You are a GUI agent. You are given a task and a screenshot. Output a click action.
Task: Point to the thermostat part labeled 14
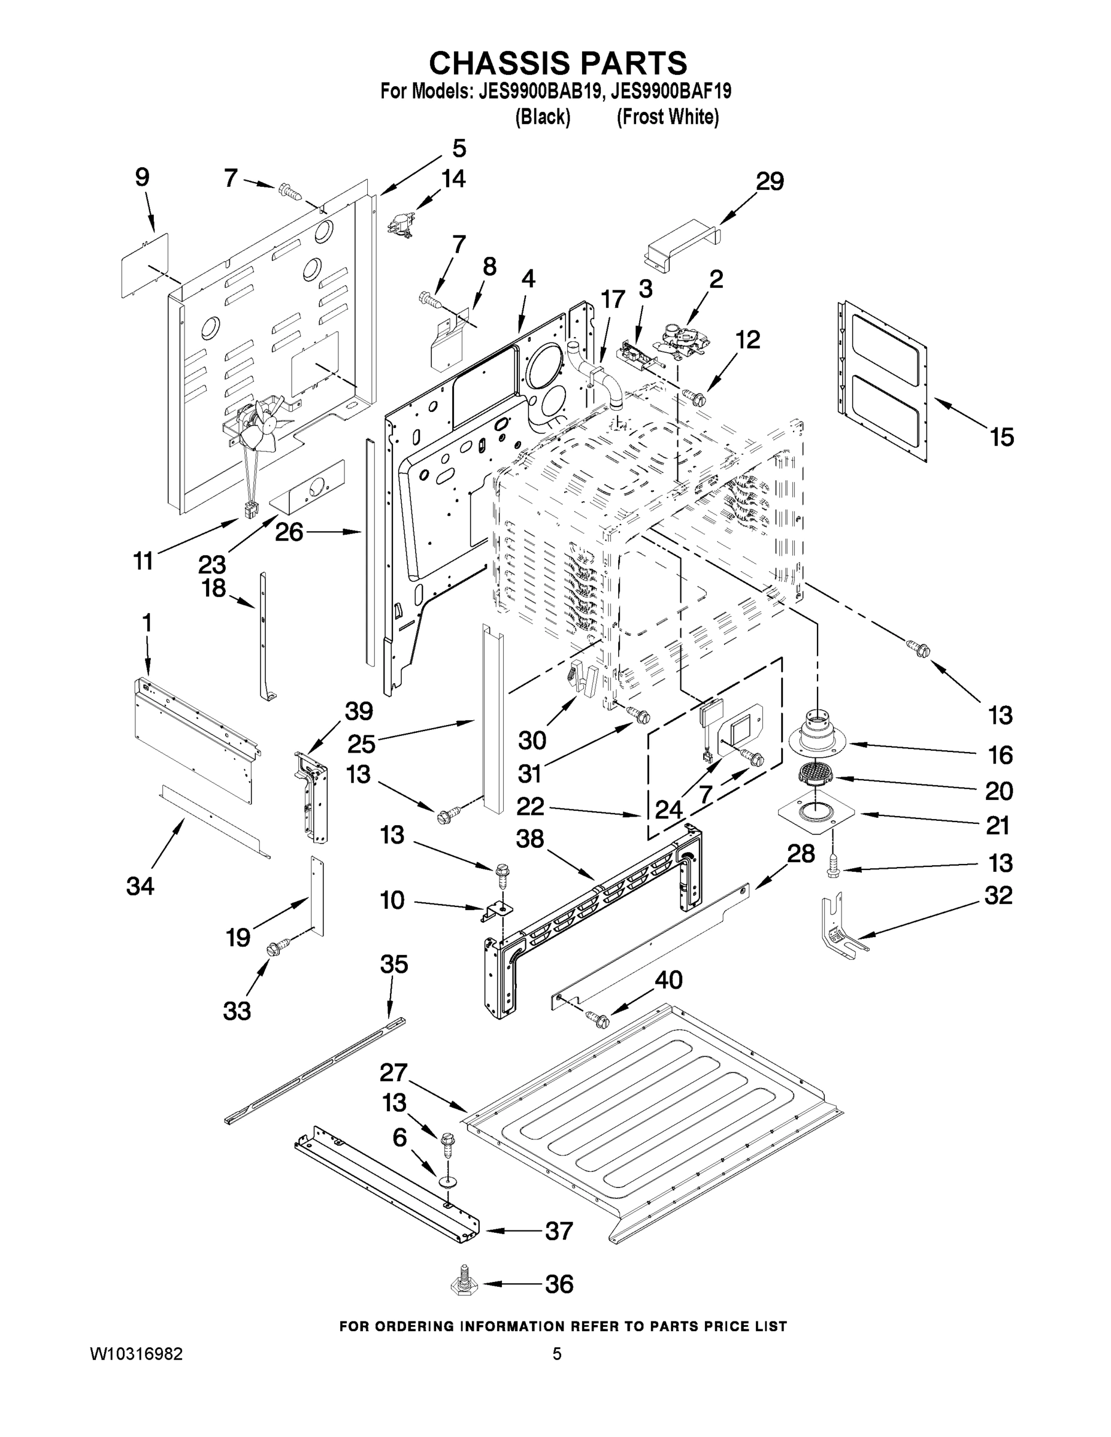pyautogui.click(x=398, y=226)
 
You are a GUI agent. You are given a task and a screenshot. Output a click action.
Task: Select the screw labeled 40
pyautogui.click(x=600, y=1019)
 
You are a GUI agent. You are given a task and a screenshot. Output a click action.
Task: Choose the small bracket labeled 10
pyautogui.click(x=498, y=910)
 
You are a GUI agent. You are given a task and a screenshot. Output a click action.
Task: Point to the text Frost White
pyautogui.click(x=667, y=117)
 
